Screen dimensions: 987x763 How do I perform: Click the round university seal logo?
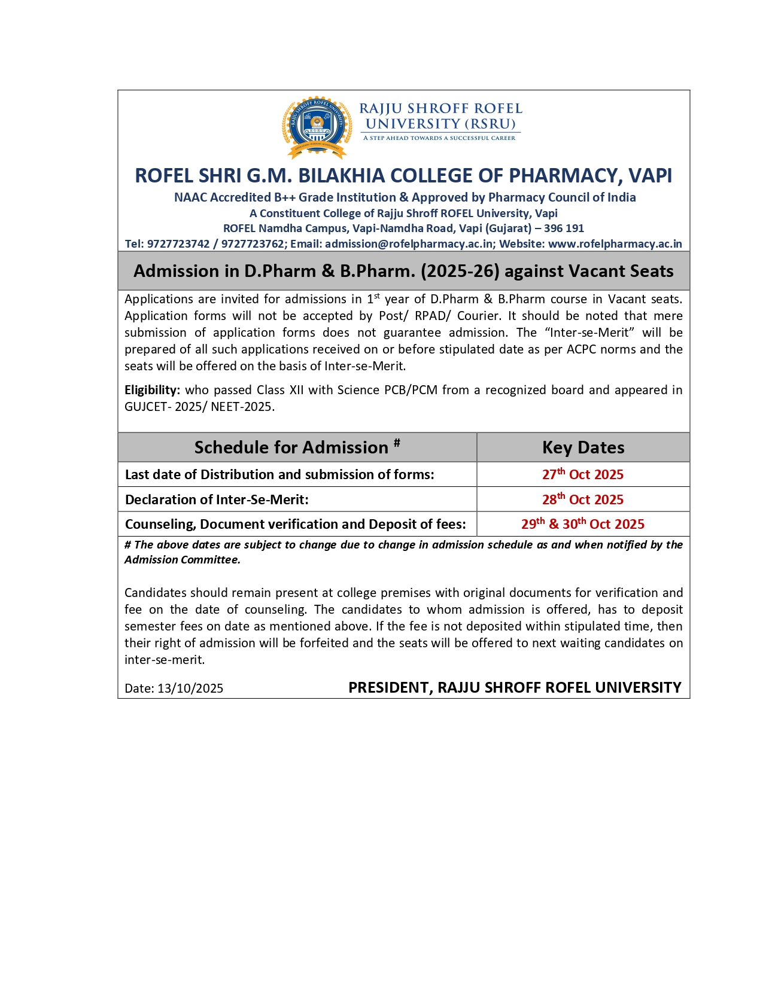coord(317,126)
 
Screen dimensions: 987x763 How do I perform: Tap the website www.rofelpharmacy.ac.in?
coord(615,244)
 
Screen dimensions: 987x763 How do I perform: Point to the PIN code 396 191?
coord(564,229)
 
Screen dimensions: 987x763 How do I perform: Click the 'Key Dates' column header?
coord(583,447)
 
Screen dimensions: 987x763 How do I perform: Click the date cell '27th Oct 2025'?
coord(583,474)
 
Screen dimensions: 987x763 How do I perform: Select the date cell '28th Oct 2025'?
coord(583,499)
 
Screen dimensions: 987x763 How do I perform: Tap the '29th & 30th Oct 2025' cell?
coord(583,524)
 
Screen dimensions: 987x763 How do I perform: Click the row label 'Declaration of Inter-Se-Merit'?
coord(217,499)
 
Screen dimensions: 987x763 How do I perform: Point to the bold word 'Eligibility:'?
coord(152,390)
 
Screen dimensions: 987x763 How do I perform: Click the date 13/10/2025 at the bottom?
coord(190,689)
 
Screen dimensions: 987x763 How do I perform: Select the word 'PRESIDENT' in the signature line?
coord(390,688)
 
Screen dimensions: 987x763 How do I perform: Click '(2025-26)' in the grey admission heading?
coord(460,271)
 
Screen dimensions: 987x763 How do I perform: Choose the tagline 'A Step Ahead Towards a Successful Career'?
coord(439,138)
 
